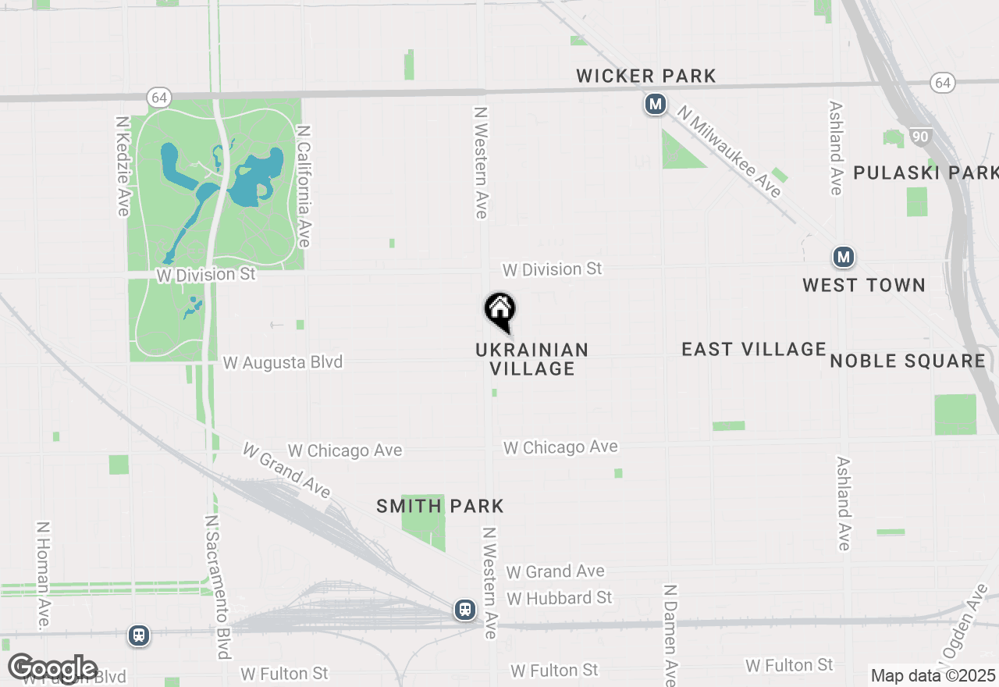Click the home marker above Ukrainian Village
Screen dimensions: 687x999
click(500, 310)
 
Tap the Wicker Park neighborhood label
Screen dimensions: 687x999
click(646, 76)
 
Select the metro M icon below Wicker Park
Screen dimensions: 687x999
click(656, 104)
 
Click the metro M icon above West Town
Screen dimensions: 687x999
click(843, 257)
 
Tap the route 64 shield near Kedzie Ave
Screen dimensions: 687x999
click(159, 98)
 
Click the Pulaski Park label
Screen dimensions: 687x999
click(926, 173)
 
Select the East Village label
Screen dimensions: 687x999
click(754, 349)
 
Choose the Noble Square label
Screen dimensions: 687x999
click(908, 361)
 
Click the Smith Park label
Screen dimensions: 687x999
click(440, 506)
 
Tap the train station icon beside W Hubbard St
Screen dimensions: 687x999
click(465, 609)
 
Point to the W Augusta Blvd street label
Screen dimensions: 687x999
click(283, 362)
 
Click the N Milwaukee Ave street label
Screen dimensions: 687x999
click(729, 151)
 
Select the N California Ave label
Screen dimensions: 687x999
click(304, 186)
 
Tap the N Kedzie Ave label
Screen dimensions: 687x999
click(123, 166)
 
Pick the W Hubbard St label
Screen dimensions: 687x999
click(560, 598)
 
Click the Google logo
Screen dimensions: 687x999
click(53, 668)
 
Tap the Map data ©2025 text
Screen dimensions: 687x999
click(933, 675)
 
